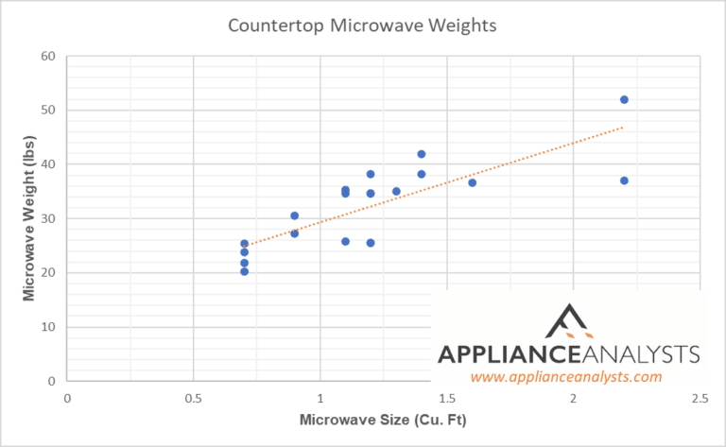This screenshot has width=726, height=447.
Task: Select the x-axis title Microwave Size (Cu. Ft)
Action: coord(383,418)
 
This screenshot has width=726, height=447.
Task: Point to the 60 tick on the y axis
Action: coord(49,56)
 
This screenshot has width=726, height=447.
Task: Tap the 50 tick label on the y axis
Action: coord(49,110)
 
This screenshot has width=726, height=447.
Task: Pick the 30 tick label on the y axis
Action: coord(49,218)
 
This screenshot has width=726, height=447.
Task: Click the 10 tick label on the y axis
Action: coord(49,327)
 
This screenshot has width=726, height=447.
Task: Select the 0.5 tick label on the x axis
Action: coord(193,398)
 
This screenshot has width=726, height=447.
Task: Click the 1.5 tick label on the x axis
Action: coord(446,398)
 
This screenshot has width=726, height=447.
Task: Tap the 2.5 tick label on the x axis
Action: coord(699,398)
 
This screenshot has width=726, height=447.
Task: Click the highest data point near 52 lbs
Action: coord(624,99)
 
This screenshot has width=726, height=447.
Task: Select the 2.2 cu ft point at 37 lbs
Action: coord(624,181)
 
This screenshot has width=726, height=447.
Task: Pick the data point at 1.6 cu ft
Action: coord(472,182)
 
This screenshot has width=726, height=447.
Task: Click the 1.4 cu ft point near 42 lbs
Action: coord(421,154)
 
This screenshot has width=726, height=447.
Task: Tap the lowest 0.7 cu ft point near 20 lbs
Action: coord(244,271)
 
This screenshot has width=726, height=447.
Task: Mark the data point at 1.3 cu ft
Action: coord(396,191)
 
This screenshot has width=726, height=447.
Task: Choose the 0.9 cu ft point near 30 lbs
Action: coord(295,215)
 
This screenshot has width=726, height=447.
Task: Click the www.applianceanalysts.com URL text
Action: coord(565,376)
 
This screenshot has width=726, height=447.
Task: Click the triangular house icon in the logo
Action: coord(570,320)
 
